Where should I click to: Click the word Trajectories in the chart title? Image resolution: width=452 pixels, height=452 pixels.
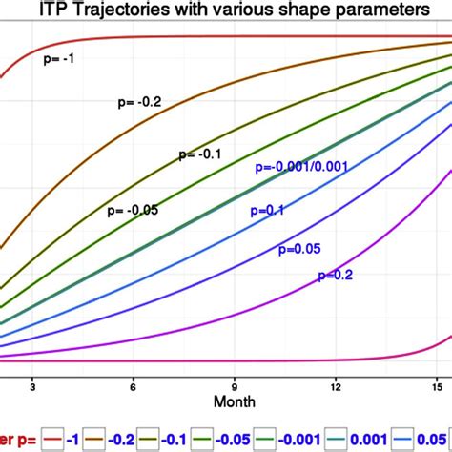coord(149,11)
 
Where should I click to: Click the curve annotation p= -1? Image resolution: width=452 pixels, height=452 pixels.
coord(60,58)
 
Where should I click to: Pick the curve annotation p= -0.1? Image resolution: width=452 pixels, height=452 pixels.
coord(198,154)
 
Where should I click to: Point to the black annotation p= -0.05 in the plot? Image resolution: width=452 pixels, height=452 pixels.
coord(134,208)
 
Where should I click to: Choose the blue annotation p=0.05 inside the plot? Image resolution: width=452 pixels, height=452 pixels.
coord(298,250)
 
